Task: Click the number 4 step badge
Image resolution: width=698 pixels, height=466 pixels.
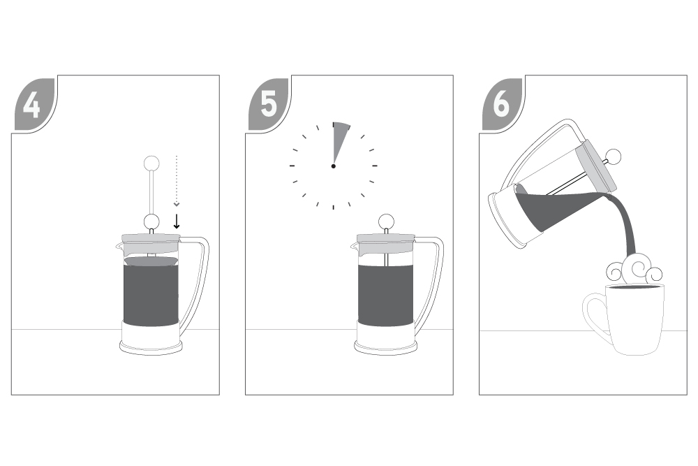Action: pyautogui.click(x=33, y=105)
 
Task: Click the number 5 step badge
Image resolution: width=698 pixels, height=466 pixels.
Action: pyautogui.click(x=267, y=105)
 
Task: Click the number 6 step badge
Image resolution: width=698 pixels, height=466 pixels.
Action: pyautogui.click(x=501, y=105)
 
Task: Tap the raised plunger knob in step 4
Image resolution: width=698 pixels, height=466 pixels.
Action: pyautogui.click(x=151, y=163)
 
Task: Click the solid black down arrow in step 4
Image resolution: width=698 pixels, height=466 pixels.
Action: pyautogui.click(x=177, y=221)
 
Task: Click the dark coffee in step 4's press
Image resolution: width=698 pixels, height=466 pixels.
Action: pyautogui.click(x=151, y=294)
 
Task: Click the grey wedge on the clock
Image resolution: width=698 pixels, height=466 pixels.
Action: pyautogui.click(x=339, y=140)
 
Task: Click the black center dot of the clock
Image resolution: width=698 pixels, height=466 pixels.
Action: pyautogui.click(x=334, y=166)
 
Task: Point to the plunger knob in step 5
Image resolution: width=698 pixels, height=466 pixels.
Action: pyautogui.click(x=386, y=221)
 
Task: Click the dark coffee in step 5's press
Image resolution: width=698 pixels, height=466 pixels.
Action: pyautogui.click(x=385, y=295)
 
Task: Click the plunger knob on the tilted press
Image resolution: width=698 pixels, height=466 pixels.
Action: pyautogui.click(x=614, y=156)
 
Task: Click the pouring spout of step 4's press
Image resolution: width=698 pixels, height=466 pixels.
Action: pyautogui.click(x=119, y=245)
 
